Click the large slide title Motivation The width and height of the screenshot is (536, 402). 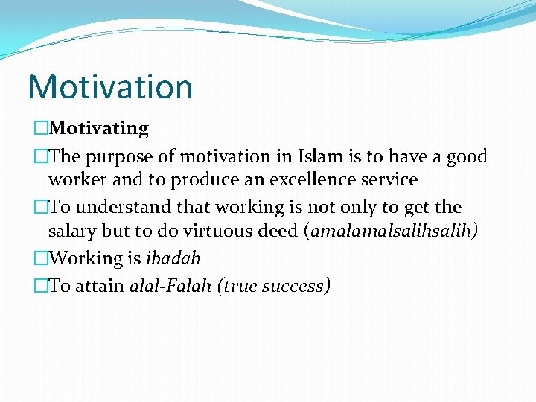click(110, 86)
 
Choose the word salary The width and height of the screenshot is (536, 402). click(73, 231)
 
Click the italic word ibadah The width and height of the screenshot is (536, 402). click(173, 258)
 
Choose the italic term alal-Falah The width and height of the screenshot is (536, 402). click(170, 286)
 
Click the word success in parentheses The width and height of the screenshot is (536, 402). click(296, 286)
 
